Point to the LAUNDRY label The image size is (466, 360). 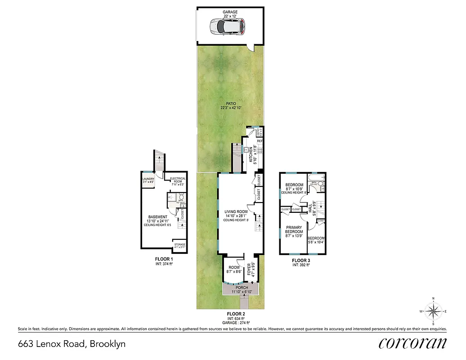pyautogui.click(x=148, y=179)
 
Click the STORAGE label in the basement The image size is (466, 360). pyautogui.click(x=179, y=245)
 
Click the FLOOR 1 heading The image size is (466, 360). pyautogui.click(x=164, y=260)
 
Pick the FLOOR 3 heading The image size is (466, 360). pyautogui.click(x=301, y=260)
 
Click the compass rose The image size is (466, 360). pyautogui.click(x=433, y=311)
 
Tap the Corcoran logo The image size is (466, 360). pyautogui.click(x=412, y=343)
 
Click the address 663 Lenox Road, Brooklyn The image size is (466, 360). pyautogui.click(x=72, y=344)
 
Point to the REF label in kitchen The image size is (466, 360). pyautogui.click(x=260, y=141)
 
